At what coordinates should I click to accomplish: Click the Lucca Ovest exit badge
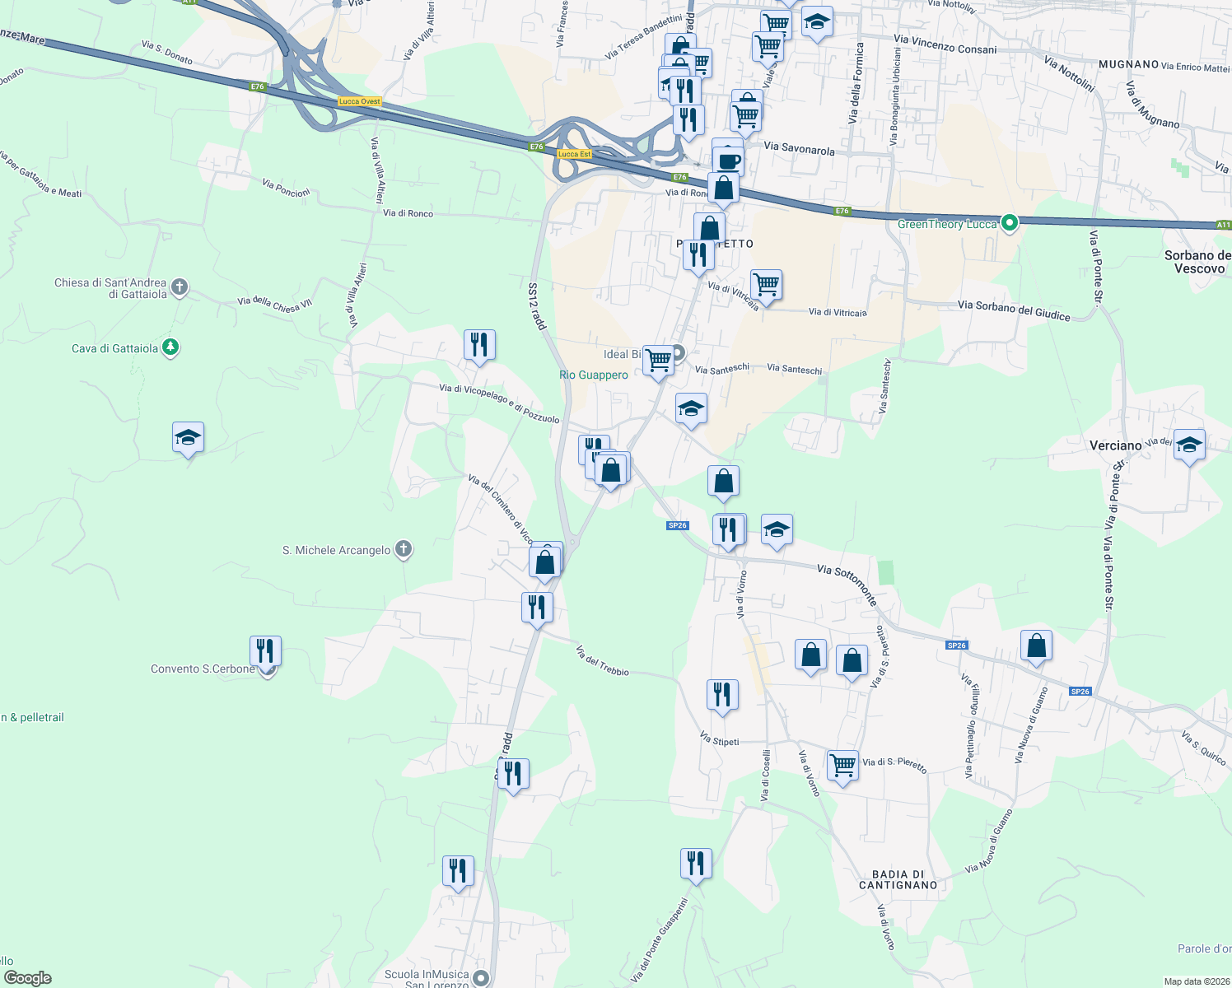coord(359,101)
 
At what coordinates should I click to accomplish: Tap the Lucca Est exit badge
coord(574,154)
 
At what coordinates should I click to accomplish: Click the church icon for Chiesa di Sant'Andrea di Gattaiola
coord(180,287)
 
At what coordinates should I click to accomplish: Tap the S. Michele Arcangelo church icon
coord(403,548)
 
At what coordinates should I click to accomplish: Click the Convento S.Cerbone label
coord(203,669)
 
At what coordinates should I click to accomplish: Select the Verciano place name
coord(1115,445)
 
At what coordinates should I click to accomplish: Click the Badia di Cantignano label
coord(898,879)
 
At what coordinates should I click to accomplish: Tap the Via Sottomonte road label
coord(847,583)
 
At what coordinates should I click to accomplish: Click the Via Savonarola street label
coord(799,148)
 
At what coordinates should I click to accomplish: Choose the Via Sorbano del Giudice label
coord(1014,310)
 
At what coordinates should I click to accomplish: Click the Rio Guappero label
coord(593,375)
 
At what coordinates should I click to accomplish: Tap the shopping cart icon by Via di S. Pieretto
coord(842,766)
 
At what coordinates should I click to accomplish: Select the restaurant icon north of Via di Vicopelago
coord(479,345)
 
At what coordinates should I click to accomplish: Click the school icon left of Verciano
coord(189,438)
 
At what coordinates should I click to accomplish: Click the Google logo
coord(28,977)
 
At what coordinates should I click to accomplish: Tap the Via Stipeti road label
coord(719,739)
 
